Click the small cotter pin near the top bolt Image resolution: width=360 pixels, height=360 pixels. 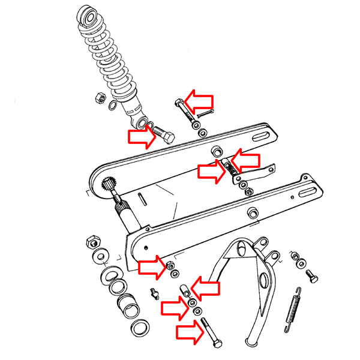[203, 113]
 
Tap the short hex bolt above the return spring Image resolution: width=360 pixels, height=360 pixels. [310, 277]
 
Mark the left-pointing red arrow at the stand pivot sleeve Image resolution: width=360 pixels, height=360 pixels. [205, 287]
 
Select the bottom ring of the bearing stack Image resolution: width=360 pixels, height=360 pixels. [141, 328]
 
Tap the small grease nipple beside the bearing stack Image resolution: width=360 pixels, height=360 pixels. [154, 293]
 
